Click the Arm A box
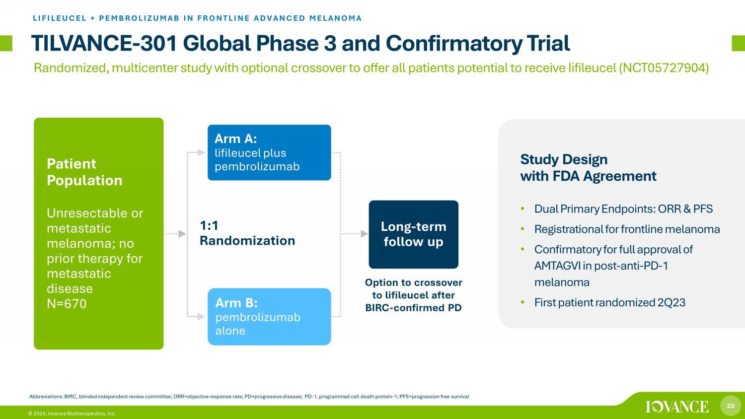click(269, 152)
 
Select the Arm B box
click(269, 317)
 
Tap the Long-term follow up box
click(413, 234)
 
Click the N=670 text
click(67, 304)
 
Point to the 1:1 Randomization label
click(247, 233)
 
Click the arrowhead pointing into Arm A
click(201, 152)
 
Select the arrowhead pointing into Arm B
click(201, 316)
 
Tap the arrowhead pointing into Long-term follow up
click(365, 234)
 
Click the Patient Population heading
click(84, 172)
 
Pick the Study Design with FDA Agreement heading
click(589, 168)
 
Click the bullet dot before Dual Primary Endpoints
click(522, 209)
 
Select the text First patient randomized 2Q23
click(609, 303)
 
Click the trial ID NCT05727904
click(664, 68)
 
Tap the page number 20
click(731, 406)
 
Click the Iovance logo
click(677, 407)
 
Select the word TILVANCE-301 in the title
click(104, 43)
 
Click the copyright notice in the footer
click(72, 414)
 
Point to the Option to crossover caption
click(413, 295)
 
